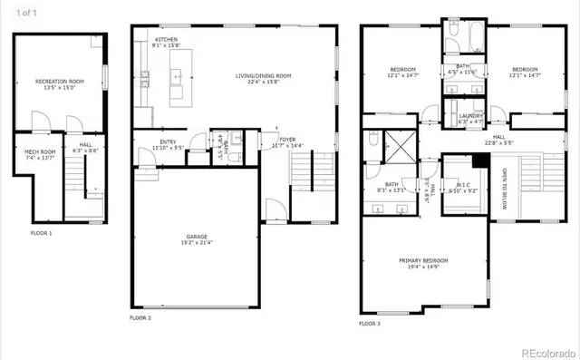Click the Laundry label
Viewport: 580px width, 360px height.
(x=470, y=118)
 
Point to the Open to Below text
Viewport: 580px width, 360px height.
(x=505, y=182)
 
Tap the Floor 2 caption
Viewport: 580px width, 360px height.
(x=140, y=318)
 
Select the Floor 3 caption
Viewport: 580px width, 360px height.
(x=370, y=324)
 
